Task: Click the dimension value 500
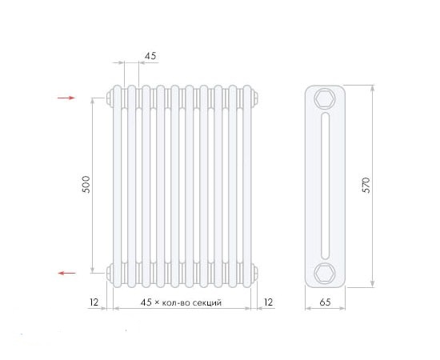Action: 86,184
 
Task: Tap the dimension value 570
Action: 366,185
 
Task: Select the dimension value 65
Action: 325,302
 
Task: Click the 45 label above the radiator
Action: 150,56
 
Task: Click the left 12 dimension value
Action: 94,302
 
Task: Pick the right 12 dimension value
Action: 268,302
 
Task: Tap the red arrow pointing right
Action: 66,98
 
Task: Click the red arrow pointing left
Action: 66,273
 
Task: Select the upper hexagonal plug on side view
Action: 325,98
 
